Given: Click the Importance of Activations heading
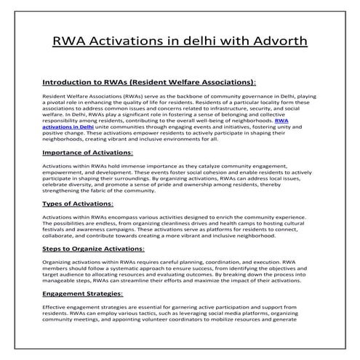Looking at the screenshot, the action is click(87, 153).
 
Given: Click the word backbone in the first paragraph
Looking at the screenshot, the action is click(175, 96).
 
